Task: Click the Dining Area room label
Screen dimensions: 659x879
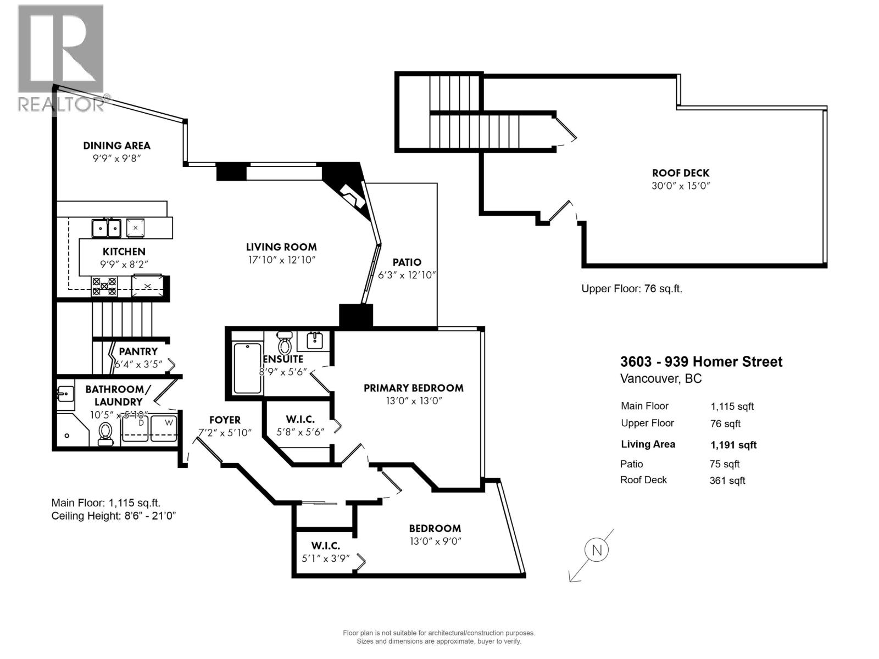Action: [x=116, y=146]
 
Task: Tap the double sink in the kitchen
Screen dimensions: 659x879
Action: [x=107, y=227]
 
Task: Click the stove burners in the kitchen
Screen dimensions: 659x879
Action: [x=104, y=287]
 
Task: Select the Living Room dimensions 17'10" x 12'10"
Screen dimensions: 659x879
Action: [x=281, y=260]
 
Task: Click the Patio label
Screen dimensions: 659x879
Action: [x=407, y=263]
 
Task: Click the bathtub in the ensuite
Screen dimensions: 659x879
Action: [x=248, y=368]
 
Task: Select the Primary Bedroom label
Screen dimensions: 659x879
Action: [x=413, y=388]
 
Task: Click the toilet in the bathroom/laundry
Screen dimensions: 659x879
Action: [x=105, y=434]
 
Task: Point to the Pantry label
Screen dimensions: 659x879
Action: [x=138, y=351]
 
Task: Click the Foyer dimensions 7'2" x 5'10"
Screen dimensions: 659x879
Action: [x=225, y=432]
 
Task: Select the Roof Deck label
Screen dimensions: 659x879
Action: [x=681, y=173]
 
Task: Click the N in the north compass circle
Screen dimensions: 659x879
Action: [x=597, y=550]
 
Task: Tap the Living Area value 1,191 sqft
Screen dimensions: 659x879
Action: [x=733, y=445]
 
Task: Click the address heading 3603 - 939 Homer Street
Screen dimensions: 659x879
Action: [x=701, y=362]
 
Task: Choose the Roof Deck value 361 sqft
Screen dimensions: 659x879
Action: [x=727, y=481]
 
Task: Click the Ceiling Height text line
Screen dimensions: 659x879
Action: [x=114, y=516]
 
